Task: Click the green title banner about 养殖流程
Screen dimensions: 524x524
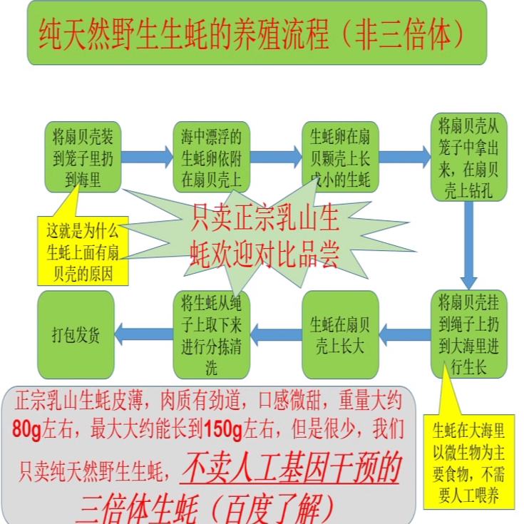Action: click(257, 33)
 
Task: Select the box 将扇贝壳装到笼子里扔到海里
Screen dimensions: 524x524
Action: click(82, 157)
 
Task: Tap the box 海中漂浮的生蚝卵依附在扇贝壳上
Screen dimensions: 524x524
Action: click(211, 157)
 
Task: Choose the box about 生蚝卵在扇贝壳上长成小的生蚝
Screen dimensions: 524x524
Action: click(339, 157)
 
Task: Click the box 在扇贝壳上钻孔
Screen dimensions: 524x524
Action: click(469, 158)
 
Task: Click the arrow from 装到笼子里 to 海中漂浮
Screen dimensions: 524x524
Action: click(146, 156)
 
